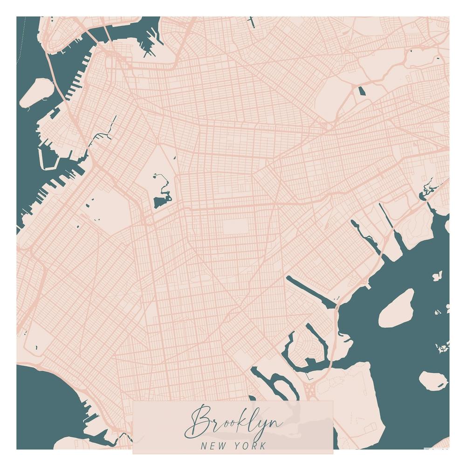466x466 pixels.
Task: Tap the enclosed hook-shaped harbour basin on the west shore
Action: tap(47, 158)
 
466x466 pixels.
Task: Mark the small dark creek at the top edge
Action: tap(252, 21)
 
